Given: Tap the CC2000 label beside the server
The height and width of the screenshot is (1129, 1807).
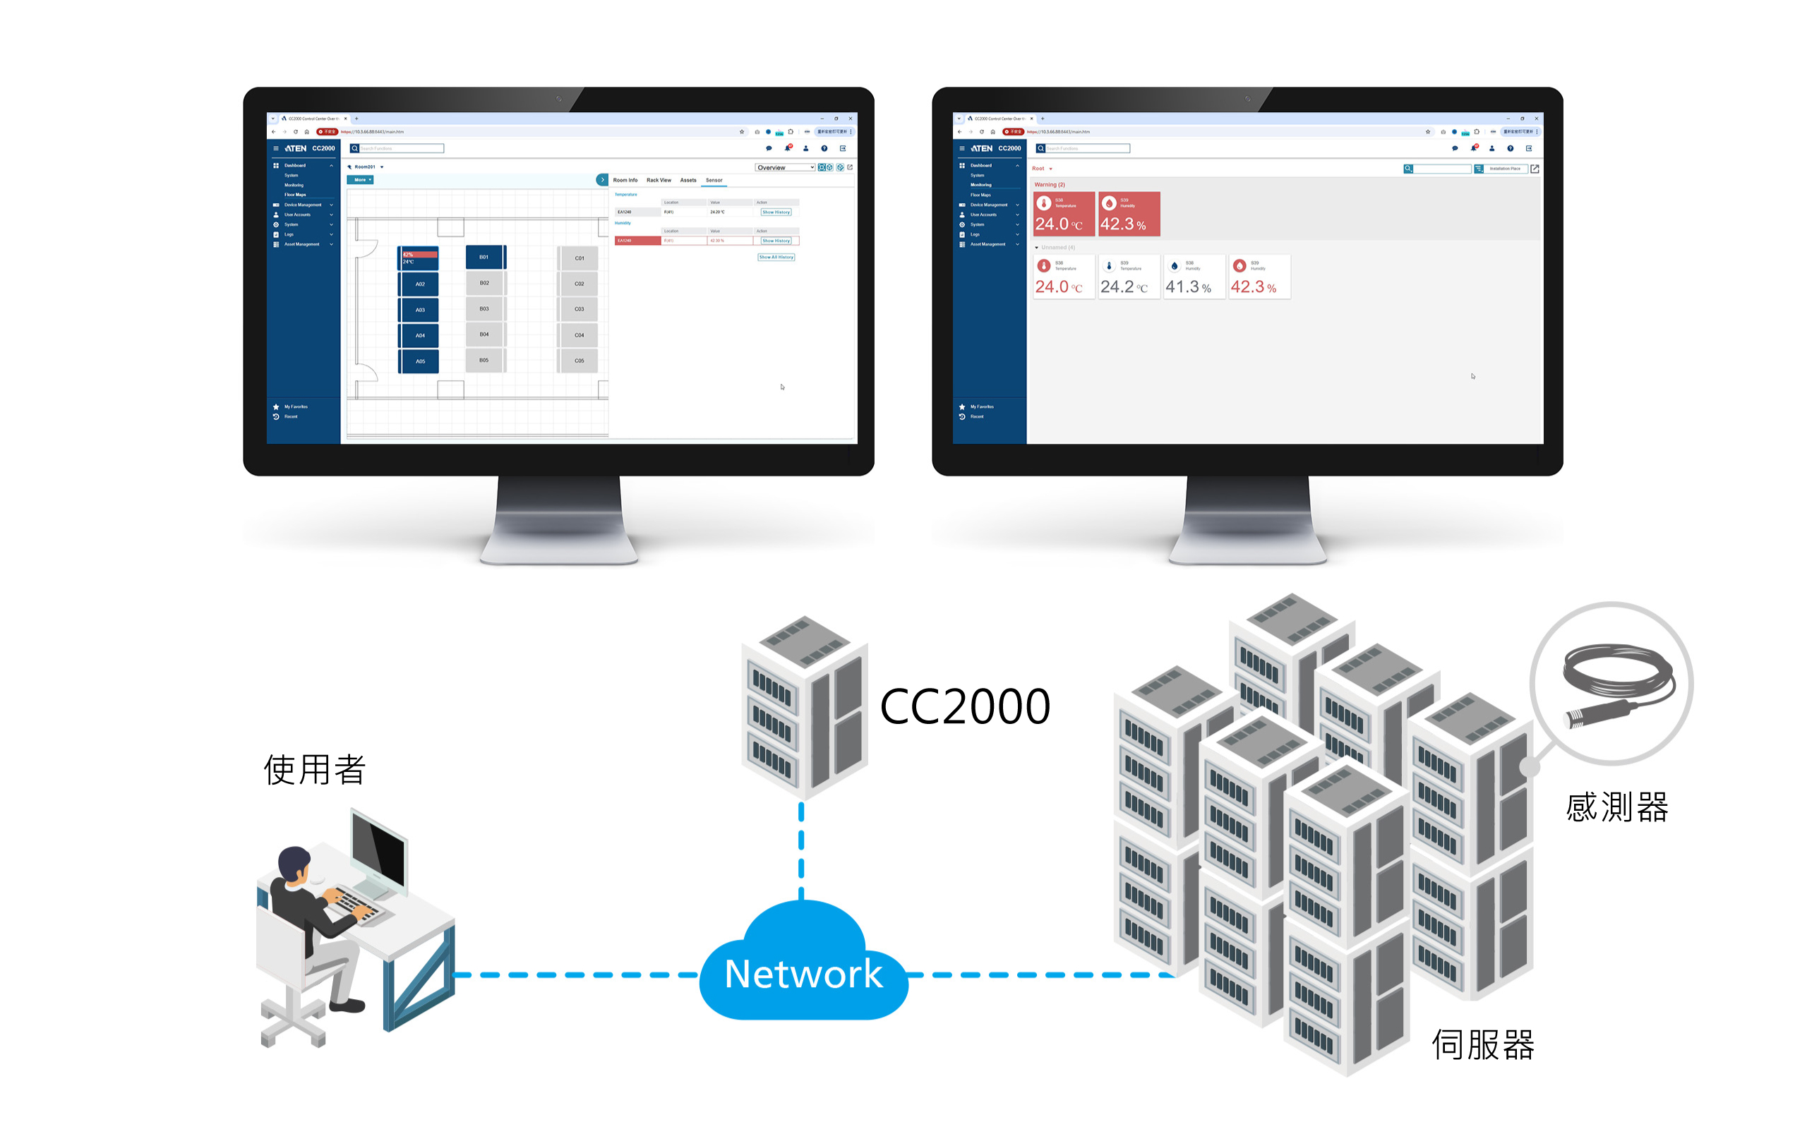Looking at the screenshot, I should click(965, 706).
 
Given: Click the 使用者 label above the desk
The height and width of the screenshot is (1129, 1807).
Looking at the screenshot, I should click(314, 769).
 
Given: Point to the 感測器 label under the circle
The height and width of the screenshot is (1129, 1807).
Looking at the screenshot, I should click(1616, 807).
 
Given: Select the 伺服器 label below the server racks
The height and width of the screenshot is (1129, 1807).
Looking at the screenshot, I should click(1482, 1044).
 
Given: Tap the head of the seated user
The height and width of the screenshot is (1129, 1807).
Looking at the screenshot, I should click(294, 864).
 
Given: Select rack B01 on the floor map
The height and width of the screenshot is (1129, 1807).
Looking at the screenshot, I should click(485, 257).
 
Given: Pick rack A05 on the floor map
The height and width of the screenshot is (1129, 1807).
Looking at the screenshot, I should click(420, 361).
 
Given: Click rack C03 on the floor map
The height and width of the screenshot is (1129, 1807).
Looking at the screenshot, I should click(579, 309).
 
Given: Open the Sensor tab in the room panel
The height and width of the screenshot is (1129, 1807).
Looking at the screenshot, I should click(714, 180).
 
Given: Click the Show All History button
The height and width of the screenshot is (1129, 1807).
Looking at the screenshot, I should click(776, 257).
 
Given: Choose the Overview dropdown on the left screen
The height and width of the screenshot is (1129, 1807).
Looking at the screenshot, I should click(784, 167).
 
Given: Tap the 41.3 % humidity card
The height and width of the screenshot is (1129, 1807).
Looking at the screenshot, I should click(1193, 277).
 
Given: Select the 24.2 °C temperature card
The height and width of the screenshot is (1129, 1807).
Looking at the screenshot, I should click(1128, 277).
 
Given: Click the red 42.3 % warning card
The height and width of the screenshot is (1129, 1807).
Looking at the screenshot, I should click(1128, 215).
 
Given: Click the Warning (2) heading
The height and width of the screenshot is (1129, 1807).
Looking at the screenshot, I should click(1049, 184).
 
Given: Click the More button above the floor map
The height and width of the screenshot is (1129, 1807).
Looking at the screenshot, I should click(360, 180).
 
